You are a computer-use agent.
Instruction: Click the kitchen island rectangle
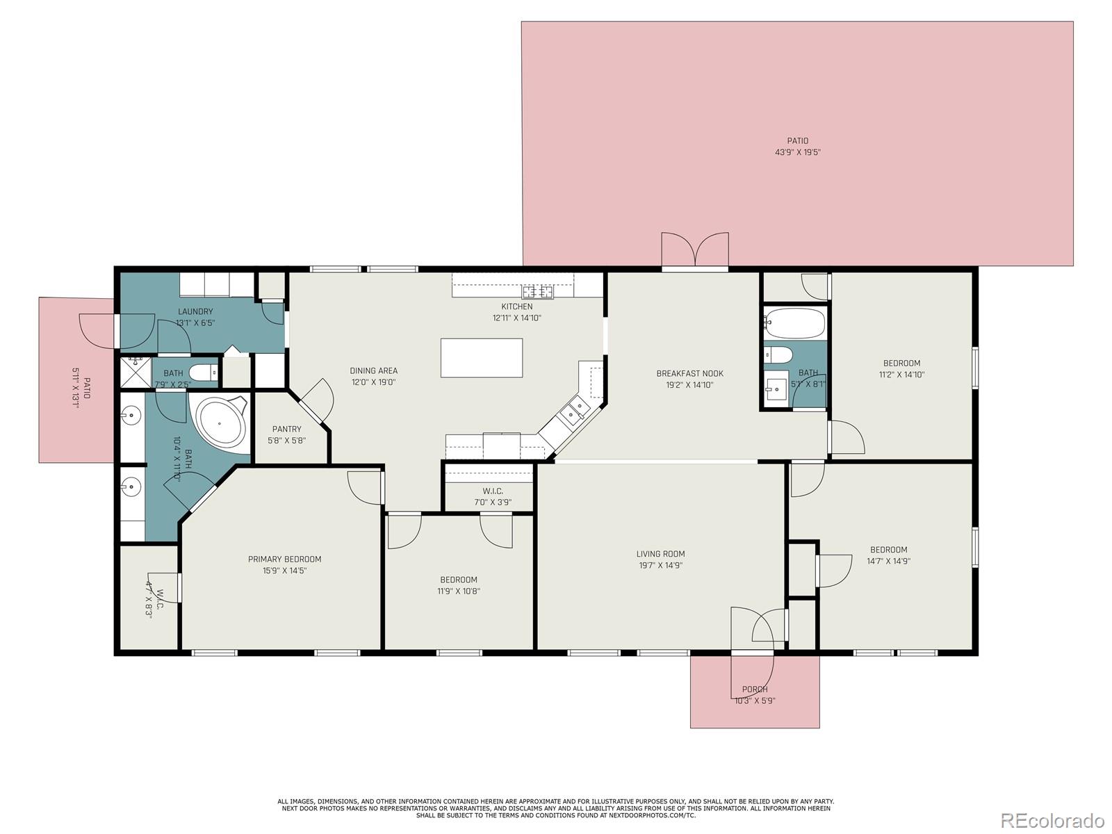click(482, 358)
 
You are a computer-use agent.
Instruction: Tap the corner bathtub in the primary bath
click(221, 423)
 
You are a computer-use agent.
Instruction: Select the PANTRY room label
click(286, 429)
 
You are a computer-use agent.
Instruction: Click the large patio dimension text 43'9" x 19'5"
click(797, 152)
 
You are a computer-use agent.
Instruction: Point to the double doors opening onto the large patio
click(694, 252)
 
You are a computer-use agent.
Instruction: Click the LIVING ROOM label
click(660, 554)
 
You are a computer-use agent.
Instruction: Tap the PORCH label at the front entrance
click(754, 689)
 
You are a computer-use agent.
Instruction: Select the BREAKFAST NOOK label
click(689, 373)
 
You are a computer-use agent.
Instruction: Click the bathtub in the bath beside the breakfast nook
click(795, 323)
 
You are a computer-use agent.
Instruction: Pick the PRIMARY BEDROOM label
click(284, 559)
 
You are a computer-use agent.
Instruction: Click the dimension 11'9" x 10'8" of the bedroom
click(459, 591)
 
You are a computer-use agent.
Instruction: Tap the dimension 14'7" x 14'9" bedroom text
click(888, 561)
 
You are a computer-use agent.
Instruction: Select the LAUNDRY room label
click(195, 311)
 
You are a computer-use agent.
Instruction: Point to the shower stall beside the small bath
click(136, 373)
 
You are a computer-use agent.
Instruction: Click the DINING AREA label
click(373, 370)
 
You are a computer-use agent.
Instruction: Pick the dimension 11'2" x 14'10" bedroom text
click(901, 374)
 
